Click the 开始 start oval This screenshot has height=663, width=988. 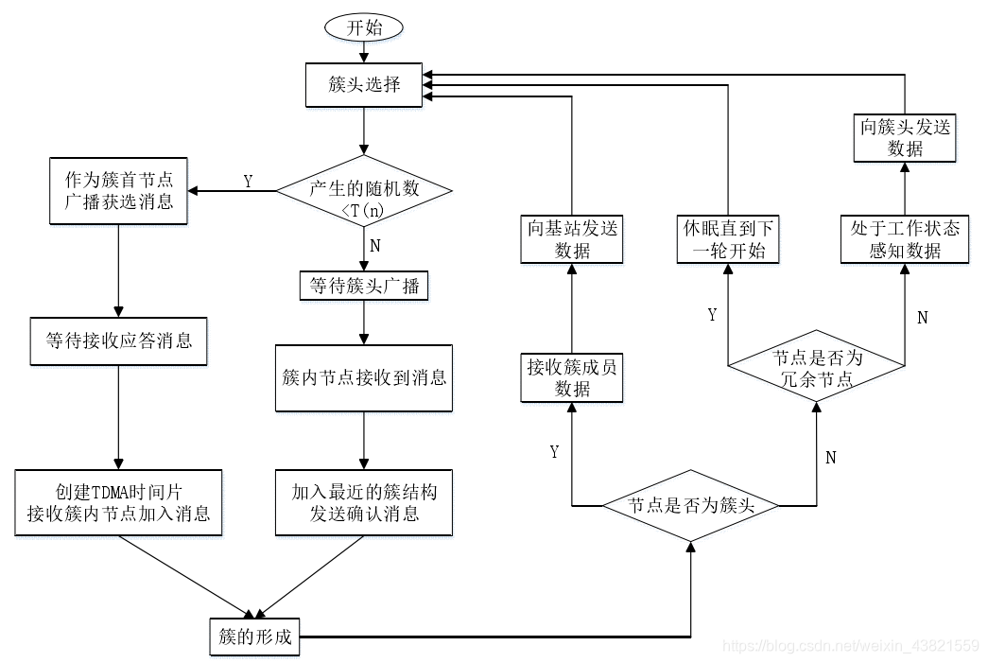point(364,28)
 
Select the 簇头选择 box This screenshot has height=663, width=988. point(364,85)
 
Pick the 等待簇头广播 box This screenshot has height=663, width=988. point(364,285)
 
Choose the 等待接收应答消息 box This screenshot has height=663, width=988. point(118,340)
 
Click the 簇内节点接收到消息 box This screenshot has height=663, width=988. point(364,378)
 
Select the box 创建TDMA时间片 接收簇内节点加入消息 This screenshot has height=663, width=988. point(118,502)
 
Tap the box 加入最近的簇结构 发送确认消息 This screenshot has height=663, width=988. point(364,502)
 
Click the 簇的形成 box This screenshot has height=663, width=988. point(252,636)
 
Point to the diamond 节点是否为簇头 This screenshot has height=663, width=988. point(690,506)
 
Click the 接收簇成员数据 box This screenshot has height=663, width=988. point(572,377)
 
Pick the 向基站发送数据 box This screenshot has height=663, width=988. point(572,238)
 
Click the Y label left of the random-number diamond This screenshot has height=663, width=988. point(248,182)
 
